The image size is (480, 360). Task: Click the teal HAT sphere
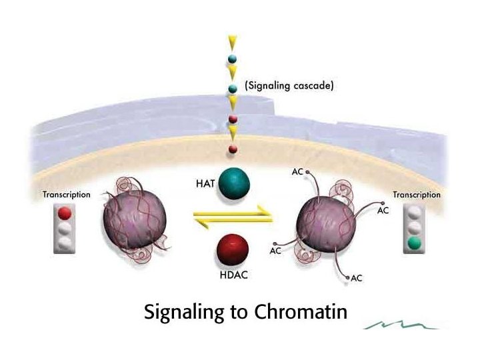232,183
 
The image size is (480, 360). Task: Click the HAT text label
205,183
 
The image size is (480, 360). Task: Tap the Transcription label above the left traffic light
66,195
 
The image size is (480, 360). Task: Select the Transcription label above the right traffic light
417,195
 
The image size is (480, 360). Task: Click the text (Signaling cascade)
289,86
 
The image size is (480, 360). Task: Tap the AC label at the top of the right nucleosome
297,171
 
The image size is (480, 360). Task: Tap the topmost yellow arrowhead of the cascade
232,42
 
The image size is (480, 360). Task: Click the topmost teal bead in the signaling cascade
232,59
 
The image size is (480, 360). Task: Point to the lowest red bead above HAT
232,148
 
